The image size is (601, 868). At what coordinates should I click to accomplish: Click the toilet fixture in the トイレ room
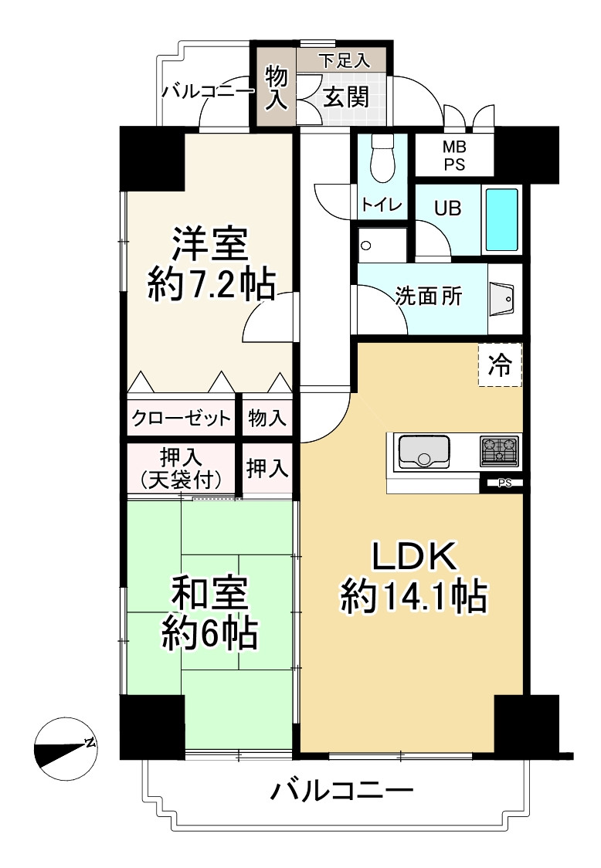382,158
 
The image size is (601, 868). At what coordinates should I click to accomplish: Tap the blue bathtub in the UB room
502,220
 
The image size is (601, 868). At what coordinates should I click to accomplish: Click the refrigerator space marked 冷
500,364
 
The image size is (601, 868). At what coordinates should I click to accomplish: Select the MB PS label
454,156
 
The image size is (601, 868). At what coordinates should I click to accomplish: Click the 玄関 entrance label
346,97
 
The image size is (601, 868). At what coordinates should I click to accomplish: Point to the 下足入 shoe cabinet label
344,60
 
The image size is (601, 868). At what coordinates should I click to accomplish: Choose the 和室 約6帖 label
209,613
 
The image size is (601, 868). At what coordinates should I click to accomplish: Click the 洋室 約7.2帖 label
211,264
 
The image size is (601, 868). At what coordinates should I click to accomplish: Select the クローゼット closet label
181,418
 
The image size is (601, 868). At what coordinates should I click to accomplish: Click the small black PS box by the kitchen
504,483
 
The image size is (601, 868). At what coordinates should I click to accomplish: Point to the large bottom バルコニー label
341,791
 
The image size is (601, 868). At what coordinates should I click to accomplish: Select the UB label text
447,209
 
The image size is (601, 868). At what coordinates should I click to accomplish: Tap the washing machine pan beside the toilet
382,244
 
